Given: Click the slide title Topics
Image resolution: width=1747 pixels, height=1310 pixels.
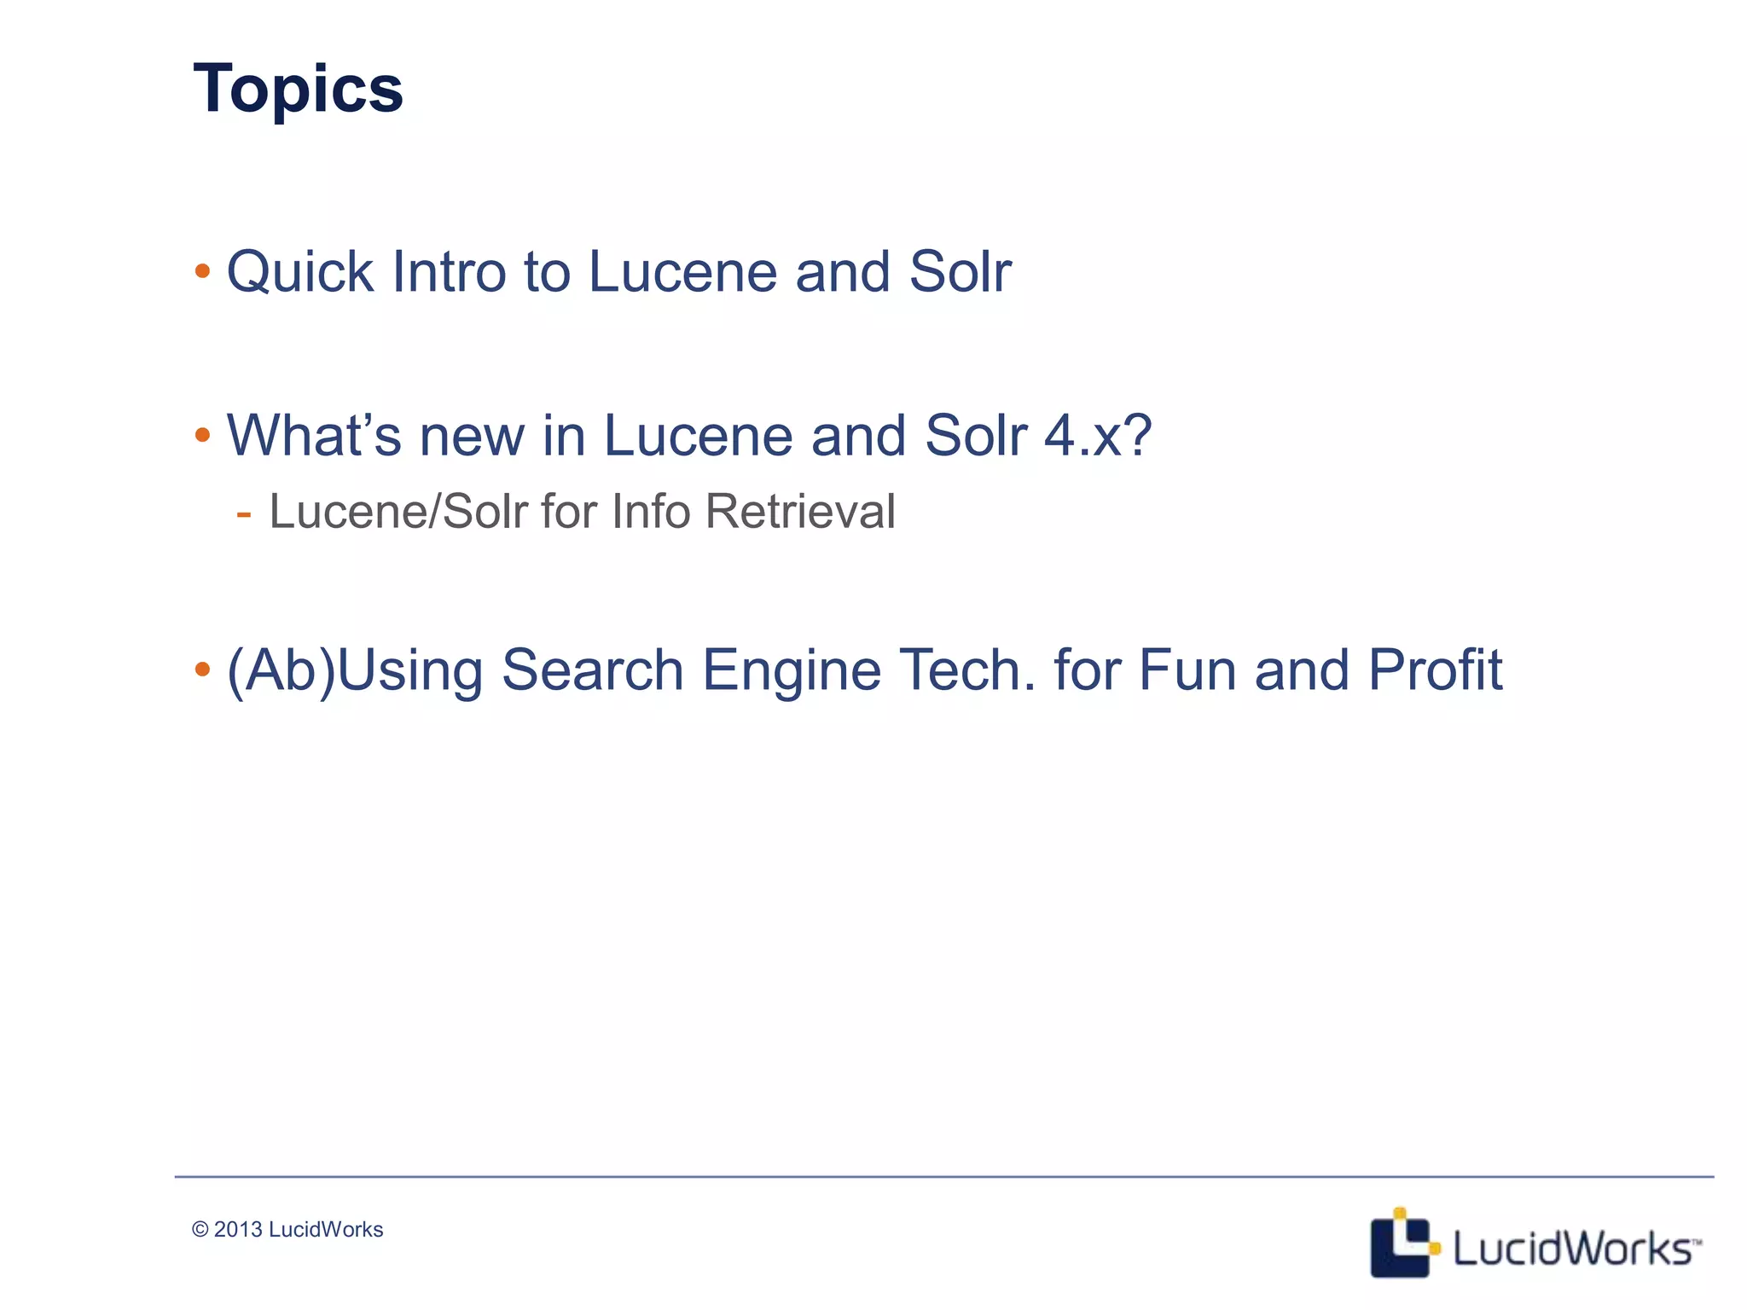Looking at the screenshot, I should [298, 89].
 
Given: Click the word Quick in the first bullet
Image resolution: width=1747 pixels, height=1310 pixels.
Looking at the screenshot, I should [299, 273].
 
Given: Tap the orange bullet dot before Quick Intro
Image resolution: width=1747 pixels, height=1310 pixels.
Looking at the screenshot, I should [202, 272].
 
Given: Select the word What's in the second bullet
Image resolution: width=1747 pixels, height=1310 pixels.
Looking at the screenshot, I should [313, 436].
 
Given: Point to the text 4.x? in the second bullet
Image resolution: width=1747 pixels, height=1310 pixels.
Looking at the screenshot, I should [1098, 436].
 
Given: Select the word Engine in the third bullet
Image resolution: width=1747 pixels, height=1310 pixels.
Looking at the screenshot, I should [791, 670].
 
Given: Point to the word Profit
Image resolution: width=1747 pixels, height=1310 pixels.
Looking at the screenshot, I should [1435, 670].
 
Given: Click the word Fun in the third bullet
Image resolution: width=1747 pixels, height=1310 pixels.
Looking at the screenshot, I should [1187, 670].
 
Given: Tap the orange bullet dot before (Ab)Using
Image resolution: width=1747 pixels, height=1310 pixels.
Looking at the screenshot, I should [202, 669].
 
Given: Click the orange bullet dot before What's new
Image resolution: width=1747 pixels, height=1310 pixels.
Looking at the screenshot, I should [202, 436].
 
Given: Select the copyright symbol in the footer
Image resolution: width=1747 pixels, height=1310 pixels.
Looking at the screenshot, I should [200, 1229].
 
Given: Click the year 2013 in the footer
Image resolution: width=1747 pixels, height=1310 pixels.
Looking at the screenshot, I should [237, 1229].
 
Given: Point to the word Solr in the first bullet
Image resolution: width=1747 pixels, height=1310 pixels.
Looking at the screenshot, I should [960, 273].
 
